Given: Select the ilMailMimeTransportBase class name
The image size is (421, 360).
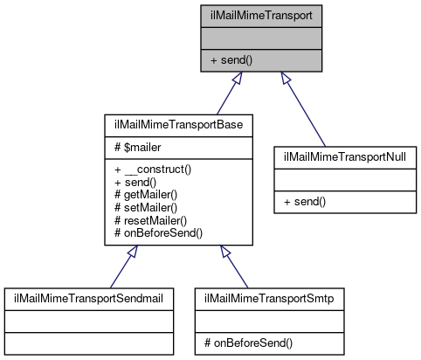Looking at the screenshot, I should click(x=179, y=125).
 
